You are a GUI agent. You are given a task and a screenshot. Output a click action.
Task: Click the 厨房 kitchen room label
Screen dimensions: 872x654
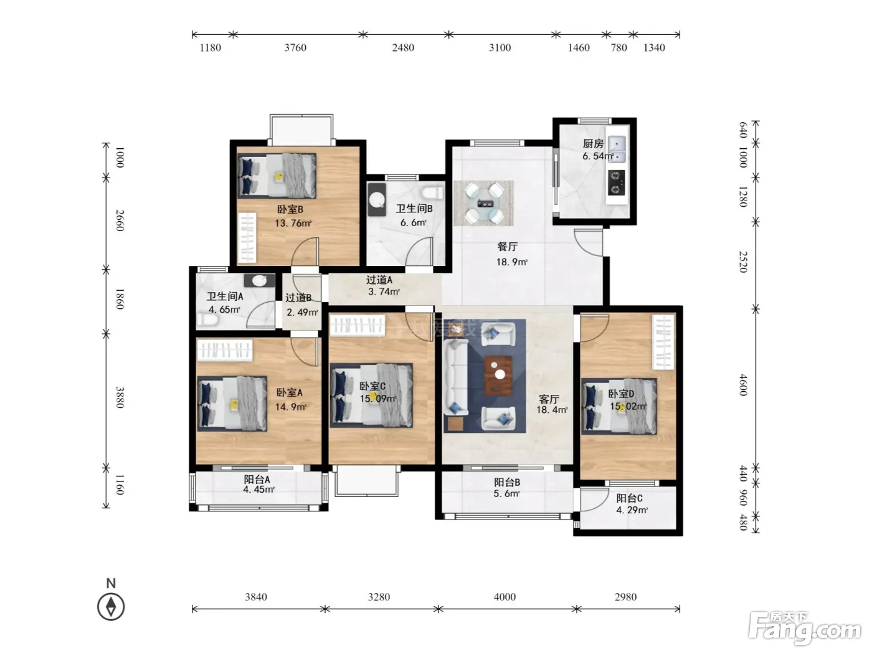[x=593, y=143]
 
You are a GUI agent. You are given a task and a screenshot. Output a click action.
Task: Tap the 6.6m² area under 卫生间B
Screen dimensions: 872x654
[x=413, y=222]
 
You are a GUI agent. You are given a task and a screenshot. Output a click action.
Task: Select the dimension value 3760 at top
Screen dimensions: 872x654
[x=295, y=48]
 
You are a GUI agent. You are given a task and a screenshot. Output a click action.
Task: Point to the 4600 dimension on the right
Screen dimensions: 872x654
[x=743, y=385]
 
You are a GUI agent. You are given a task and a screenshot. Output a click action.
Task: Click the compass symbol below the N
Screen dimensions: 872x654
[x=111, y=607]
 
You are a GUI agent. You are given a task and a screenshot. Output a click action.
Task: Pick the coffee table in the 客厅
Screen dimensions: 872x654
[x=498, y=376]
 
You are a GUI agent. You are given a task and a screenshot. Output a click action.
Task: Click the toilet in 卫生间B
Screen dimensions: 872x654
[x=432, y=193]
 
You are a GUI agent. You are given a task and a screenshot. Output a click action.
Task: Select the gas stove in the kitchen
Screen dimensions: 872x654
[x=616, y=182]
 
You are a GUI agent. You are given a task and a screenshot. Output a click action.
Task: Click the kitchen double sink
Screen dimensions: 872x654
[x=617, y=149]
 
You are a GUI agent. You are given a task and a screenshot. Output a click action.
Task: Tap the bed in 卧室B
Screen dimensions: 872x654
[x=277, y=176]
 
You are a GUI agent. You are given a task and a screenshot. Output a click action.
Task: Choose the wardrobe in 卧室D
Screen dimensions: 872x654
[x=663, y=342]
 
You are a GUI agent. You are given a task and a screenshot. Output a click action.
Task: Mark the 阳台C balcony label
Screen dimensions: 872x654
[x=629, y=498]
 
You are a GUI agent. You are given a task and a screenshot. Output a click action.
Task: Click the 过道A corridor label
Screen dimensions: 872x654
[x=379, y=280]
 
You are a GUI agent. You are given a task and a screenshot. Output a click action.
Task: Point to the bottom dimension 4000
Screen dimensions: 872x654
[x=505, y=597]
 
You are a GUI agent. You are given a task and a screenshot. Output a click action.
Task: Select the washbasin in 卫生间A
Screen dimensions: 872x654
[x=259, y=280]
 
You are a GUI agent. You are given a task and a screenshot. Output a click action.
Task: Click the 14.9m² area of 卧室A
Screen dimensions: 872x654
[x=291, y=407]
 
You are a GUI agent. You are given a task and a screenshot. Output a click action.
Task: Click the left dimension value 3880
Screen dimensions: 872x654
[x=120, y=397]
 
